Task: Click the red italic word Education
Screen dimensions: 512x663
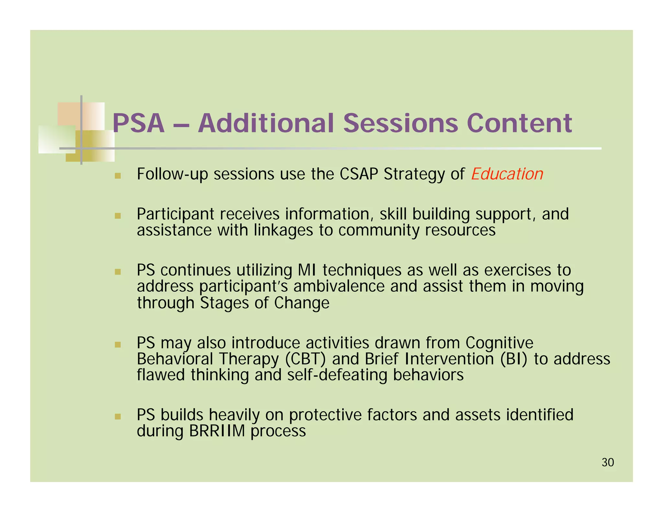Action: click(x=507, y=174)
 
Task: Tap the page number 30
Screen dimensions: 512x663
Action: click(x=608, y=462)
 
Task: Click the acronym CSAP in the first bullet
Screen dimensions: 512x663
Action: click(x=359, y=174)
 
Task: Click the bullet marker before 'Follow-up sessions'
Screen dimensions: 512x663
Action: click(x=118, y=176)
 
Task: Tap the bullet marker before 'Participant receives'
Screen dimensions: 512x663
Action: click(x=118, y=216)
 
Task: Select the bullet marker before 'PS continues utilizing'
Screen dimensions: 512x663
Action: click(x=118, y=272)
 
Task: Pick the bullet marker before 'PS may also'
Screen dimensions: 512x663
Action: click(x=118, y=344)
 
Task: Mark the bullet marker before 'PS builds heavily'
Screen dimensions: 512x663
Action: click(x=118, y=416)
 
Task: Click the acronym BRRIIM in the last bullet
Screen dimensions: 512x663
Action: click(x=217, y=431)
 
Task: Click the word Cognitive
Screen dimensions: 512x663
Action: click(x=499, y=343)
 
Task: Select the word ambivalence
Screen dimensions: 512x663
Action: click(x=339, y=286)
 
